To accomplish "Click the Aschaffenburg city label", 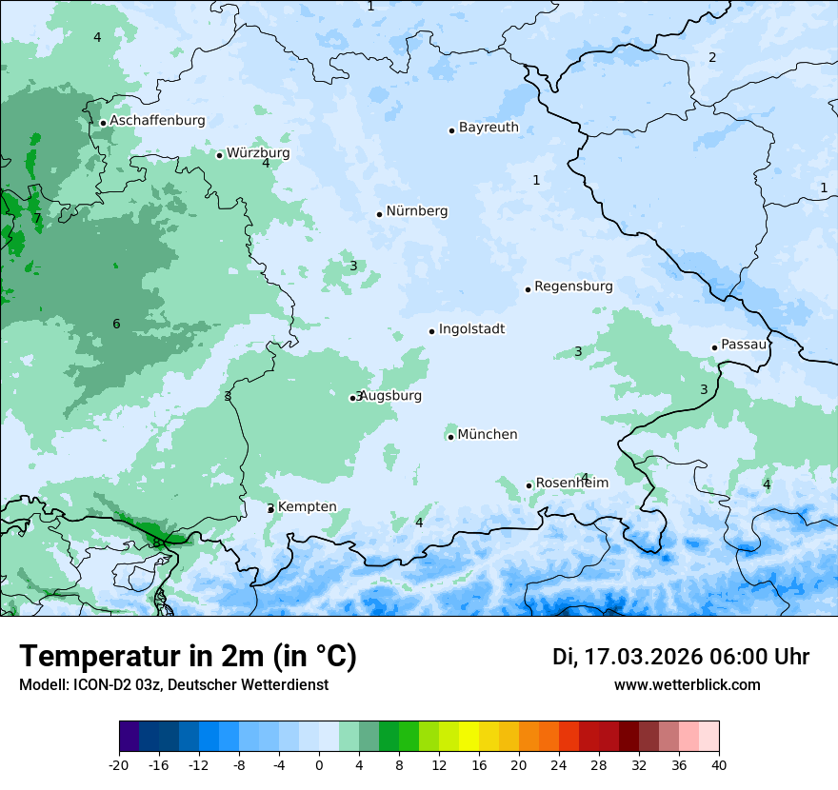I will coord(157,121).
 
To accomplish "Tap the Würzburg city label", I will coord(258,153).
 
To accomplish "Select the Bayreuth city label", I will coord(489,128).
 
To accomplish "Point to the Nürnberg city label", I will coord(416,211).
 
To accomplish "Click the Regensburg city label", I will coord(573,286).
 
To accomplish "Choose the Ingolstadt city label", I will coord(471,329).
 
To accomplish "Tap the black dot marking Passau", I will coord(714,347).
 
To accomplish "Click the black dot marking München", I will coord(450,437).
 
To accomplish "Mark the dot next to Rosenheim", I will coord(529,485).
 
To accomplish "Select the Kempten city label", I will coord(307,507).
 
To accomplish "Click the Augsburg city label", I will coord(390,396).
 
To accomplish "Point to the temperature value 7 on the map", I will coord(37,218).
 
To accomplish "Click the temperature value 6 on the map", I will coord(116,325).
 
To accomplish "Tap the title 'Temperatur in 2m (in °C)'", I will coord(188,657).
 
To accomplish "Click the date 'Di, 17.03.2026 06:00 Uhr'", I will coord(681,657).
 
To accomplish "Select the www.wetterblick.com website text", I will coord(687,684).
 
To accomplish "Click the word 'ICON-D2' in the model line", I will coord(95,684).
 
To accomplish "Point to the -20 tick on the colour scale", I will coord(119,764).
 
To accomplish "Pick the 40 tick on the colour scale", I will coord(719,764).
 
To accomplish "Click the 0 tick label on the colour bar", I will coord(319,764).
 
